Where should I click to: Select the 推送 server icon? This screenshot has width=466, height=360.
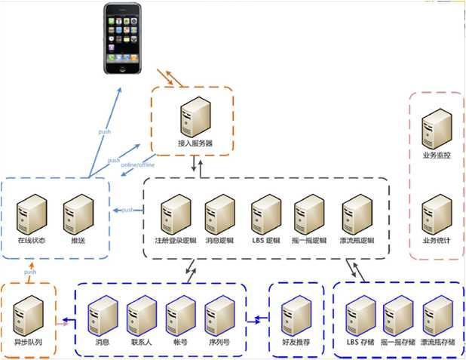pos(78,214)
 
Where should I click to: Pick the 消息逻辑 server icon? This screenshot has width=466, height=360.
pos(220,214)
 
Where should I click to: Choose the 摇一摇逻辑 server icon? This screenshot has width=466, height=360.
pos(309,214)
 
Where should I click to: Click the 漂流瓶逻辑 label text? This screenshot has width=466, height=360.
pos(357,241)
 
